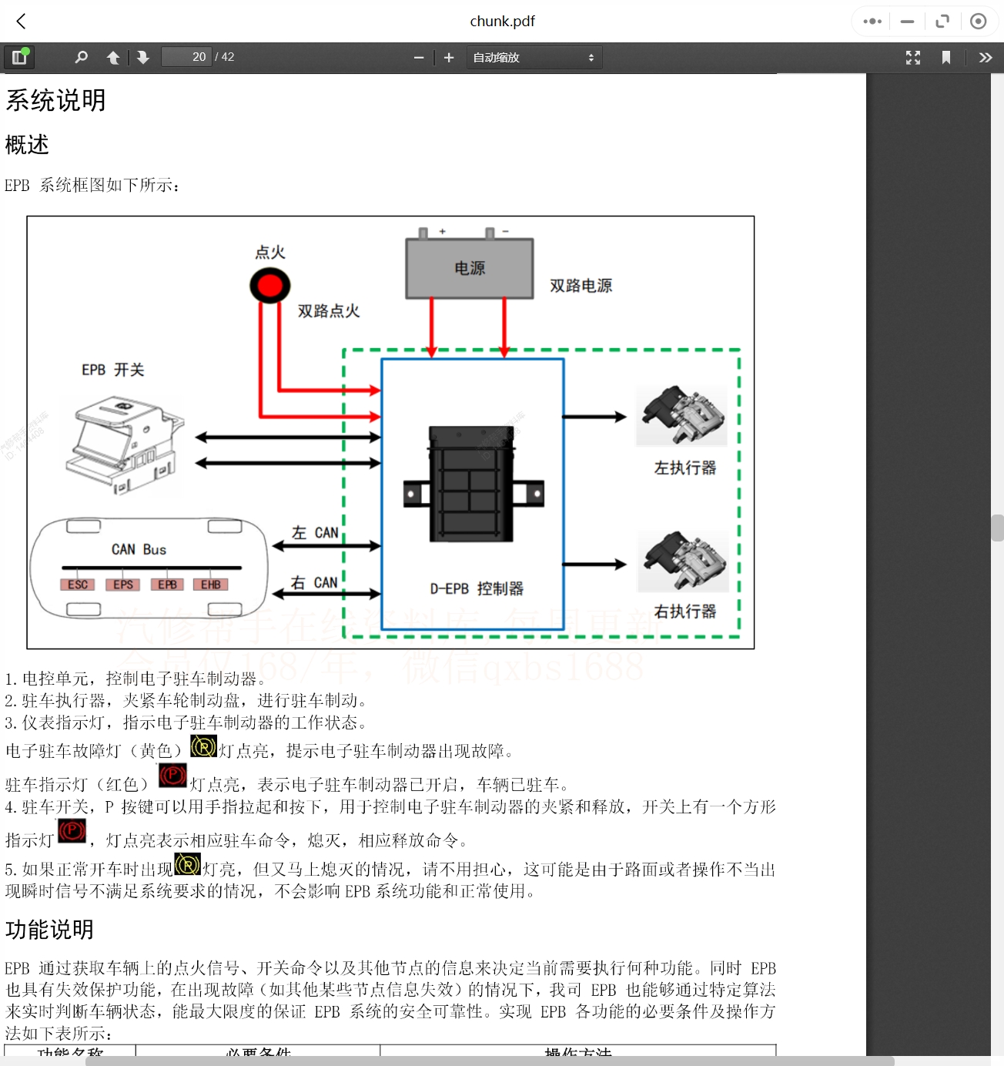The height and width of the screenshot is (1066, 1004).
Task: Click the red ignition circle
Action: [269, 286]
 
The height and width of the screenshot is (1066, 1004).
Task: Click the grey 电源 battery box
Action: [470, 268]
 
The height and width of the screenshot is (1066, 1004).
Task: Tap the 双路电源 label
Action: [581, 286]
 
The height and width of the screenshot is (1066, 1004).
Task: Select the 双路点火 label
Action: [329, 311]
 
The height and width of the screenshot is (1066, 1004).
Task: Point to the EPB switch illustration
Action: [124, 444]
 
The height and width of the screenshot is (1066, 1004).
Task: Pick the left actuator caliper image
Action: [682, 416]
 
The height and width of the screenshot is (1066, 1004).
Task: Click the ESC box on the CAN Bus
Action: [78, 585]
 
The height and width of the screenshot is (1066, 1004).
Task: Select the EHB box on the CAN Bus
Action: [211, 585]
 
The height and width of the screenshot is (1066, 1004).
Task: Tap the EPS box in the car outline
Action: [123, 585]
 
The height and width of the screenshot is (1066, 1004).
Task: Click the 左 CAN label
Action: [315, 533]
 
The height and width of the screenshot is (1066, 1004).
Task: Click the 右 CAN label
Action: [314, 583]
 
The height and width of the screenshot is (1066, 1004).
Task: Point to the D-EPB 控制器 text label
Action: [477, 589]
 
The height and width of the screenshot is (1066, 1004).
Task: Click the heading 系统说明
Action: [55, 100]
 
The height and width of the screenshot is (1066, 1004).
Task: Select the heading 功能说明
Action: [49, 930]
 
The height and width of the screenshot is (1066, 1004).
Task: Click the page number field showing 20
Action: [186, 57]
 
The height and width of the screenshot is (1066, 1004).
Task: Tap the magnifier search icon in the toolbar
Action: [81, 57]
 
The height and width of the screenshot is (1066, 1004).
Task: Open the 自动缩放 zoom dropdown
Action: [534, 58]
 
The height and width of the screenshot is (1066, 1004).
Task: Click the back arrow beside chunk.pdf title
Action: [22, 21]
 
